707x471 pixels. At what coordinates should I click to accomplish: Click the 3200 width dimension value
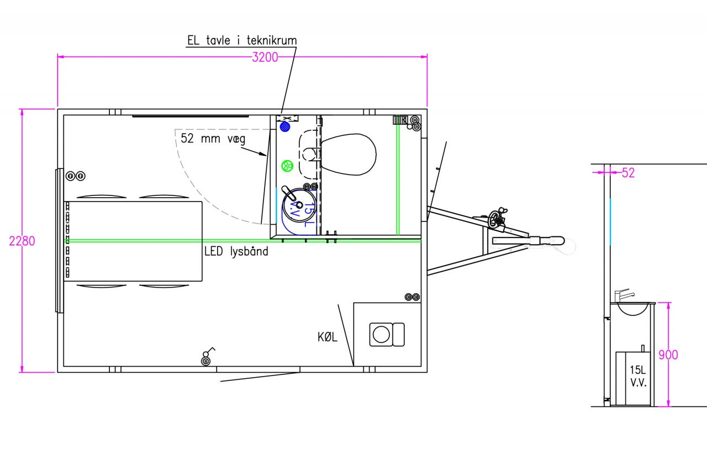pyautogui.click(x=265, y=57)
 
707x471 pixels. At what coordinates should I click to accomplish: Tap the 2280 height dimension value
pyautogui.click(x=22, y=241)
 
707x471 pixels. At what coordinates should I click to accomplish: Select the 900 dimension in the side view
pyautogui.click(x=668, y=355)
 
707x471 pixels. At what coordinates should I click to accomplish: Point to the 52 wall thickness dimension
pyautogui.click(x=628, y=173)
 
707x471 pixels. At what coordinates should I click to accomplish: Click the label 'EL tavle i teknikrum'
pyautogui.click(x=242, y=40)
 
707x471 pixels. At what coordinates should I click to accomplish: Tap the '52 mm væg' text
pyautogui.click(x=213, y=139)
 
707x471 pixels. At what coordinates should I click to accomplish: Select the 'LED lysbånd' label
pyautogui.click(x=236, y=251)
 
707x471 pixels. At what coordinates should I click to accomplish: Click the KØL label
pyautogui.click(x=328, y=337)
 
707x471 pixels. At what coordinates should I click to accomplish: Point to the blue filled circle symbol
pyautogui.click(x=285, y=127)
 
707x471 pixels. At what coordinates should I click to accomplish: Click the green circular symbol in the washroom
pyautogui.click(x=287, y=166)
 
